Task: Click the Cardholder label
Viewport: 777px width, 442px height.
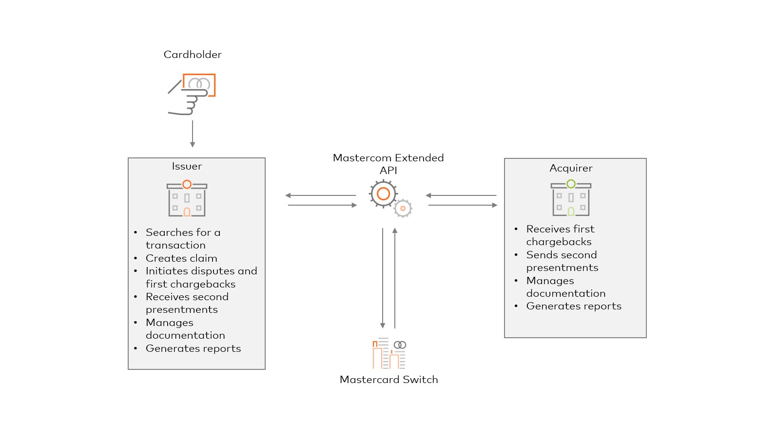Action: click(193, 55)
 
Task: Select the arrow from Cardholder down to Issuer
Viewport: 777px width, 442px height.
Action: click(193, 134)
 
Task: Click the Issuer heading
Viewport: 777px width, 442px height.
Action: click(187, 166)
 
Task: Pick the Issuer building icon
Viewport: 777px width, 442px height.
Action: click(187, 199)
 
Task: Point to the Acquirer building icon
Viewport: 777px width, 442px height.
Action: click(571, 198)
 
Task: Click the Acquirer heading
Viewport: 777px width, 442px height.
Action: click(571, 168)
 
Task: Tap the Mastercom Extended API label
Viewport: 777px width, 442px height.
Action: click(388, 164)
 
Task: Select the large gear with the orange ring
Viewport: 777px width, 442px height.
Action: click(383, 194)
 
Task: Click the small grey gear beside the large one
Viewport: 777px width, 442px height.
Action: click(403, 209)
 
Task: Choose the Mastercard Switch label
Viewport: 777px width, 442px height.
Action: click(388, 380)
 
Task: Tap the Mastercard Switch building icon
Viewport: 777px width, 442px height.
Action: click(389, 353)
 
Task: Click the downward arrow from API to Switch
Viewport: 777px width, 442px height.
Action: click(383, 278)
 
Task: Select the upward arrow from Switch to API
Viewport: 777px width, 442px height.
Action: click(395, 278)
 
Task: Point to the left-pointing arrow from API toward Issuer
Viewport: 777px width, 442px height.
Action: click(321, 195)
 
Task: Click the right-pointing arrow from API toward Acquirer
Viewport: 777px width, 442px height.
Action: click(463, 205)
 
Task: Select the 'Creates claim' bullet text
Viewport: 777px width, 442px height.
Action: click(181, 258)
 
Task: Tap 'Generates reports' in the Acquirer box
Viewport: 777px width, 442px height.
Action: click(574, 306)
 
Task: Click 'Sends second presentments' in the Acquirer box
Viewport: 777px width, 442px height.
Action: click(562, 261)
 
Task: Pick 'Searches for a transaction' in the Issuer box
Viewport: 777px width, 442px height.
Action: click(183, 239)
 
